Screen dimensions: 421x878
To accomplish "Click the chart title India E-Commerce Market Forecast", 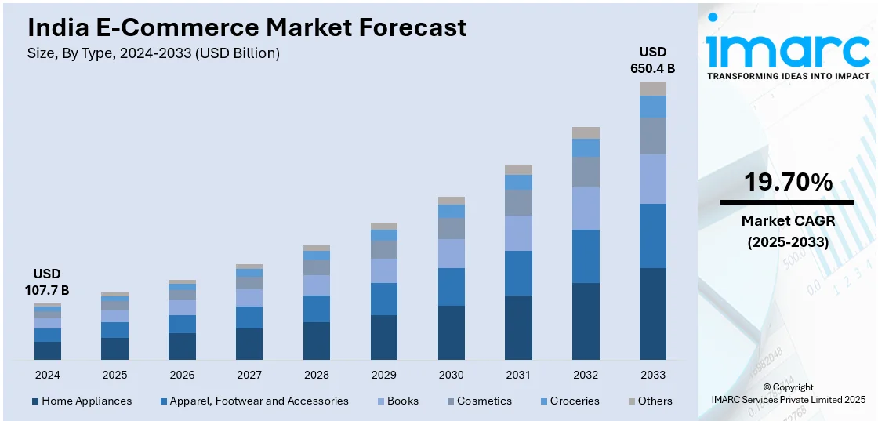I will click(x=247, y=27).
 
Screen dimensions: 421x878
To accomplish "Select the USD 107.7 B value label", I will click(x=47, y=282).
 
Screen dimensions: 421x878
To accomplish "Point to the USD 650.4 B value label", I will click(x=652, y=60).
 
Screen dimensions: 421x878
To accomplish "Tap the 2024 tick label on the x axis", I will click(x=47, y=375).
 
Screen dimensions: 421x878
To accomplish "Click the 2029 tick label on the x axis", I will click(x=384, y=375).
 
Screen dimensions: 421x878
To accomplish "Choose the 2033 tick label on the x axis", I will click(x=653, y=375).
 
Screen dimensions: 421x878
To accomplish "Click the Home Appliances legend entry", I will click(x=82, y=401).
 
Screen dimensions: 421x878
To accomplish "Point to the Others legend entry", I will click(x=650, y=401).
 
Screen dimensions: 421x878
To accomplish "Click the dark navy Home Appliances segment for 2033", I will click(x=653, y=314).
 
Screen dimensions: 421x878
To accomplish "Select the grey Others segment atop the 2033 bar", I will click(x=653, y=89).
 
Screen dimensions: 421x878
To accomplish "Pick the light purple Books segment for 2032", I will click(x=586, y=209).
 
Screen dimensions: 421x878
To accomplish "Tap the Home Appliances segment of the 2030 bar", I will click(x=452, y=332).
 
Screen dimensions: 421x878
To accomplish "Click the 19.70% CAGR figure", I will click(x=788, y=183).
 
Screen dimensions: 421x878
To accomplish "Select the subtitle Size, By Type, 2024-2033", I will click(x=154, y=53).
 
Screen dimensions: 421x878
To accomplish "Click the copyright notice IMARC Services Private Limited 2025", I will click(x=788, y=400).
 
